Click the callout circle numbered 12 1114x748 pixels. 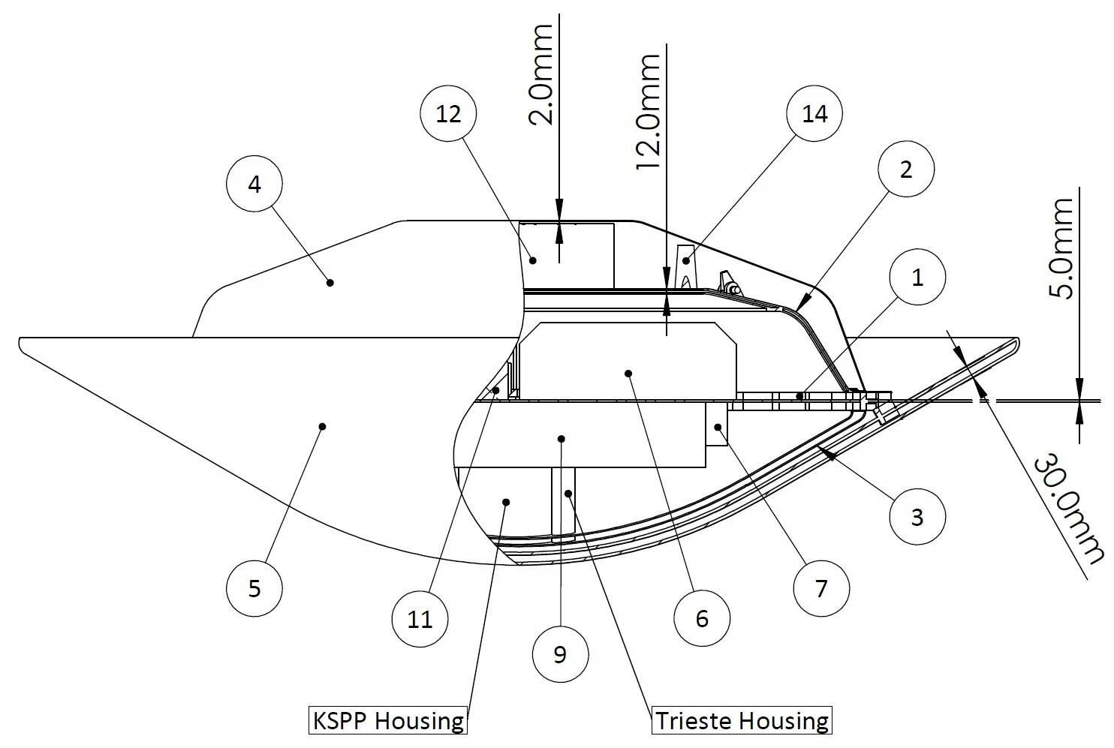tap(448, 114)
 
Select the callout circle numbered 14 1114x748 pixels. tap(814, 114)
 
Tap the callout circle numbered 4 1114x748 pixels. tap(254, 185)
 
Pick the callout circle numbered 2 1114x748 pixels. tap(905, 170)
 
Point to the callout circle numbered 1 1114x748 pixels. tap(917, 278)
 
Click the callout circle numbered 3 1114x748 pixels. tap(917, 517)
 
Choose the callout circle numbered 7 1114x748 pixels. tap(821, 588)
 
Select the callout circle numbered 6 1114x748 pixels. tap(702, 618)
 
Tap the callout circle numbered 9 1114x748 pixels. tap(560, 654)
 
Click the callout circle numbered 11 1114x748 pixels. tap(420, 619)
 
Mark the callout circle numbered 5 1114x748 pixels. tap(254, 588)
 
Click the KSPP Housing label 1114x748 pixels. tap(388, 721)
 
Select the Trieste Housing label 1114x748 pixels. tap(742, 721)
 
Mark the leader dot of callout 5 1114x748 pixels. tap(322, 426)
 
